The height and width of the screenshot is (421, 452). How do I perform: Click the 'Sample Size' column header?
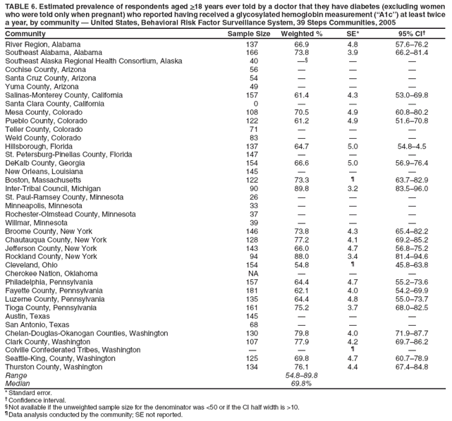pyautogui.click(x=249, y=34)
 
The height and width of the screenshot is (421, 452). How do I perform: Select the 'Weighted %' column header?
pyautogui.click(x=301, y=34)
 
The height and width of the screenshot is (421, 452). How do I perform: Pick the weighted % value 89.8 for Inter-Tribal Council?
pyautogui.click(x=302, y=171)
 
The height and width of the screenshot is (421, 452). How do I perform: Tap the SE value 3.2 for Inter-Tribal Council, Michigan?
pyautogui.click(x=353, y=171)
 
